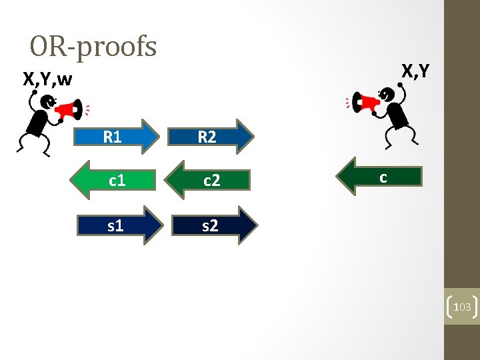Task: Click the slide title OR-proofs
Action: (x=93, y=47)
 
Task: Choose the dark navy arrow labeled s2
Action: (x=213, y=226)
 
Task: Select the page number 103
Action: (x=461, y=307)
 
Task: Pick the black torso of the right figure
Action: (x=398, y=116)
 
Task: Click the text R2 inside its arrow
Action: (x=207, y=137)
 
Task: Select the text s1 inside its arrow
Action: (x=115, y=226)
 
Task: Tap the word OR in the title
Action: (x=44, y=47)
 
